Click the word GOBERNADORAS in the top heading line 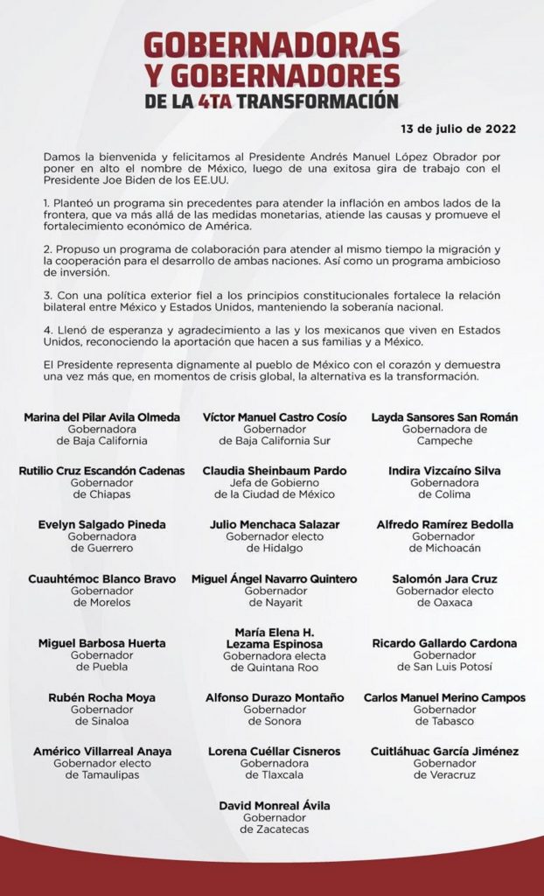click(x=271, y=44)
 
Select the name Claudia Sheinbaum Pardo click(x=271, y=470)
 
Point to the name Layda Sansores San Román click(x=444, y=416)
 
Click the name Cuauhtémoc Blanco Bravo click(x=101, y=578)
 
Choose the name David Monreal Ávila click(x=271, y=804)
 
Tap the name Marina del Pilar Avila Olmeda click(x=102, y=416)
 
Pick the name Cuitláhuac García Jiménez click(x=444, y=751)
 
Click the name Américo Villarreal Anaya click(x=101, y=751)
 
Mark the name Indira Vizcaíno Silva click(x=444, y=470)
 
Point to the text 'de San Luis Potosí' click(x=444, y=667)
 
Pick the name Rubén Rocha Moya click(x=101, y=697)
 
